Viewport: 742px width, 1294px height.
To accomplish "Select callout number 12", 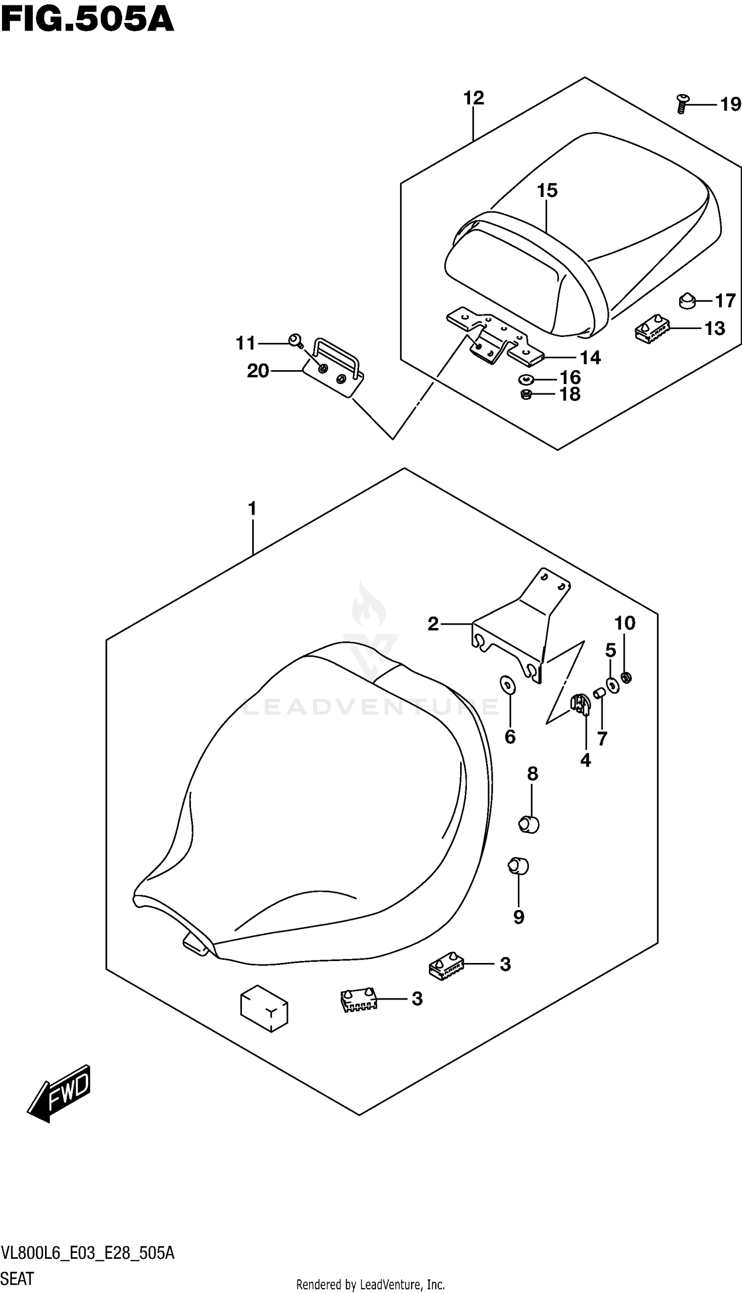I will pos(473,98).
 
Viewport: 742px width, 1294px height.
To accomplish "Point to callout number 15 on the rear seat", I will pos(547,191).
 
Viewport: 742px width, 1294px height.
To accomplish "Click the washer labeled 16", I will pos(526,379).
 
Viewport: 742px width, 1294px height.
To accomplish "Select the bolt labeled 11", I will pos(294,340).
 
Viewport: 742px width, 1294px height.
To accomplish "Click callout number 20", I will pos(258,371).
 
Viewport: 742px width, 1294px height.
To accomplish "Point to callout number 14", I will pos(590,358).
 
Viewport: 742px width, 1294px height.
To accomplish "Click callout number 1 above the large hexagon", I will pos(252,509).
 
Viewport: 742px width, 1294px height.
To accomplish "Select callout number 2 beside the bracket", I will pos(433,623).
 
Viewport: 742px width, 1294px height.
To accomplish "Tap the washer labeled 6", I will pos(509,685).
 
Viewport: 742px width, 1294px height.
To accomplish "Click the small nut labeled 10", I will pos(627,677).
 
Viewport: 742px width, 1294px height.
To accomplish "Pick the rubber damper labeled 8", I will pos(529,823).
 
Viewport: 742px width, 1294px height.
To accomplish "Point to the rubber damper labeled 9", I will pos(518,866).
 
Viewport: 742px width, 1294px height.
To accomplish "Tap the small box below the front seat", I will pos(264,1008).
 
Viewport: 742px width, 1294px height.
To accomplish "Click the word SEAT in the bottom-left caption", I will pos(17,1278).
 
